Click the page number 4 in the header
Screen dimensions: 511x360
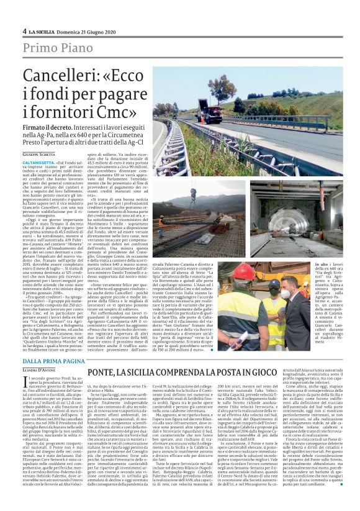coord(24,31)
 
